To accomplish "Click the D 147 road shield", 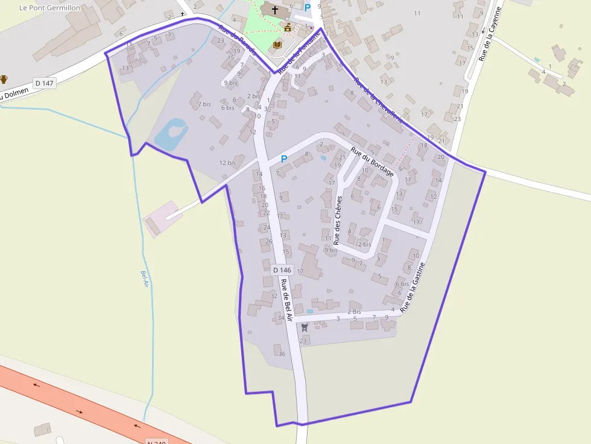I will coord(45,83).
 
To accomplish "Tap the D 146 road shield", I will coord(282,270).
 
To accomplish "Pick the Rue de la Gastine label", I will coord(413,287).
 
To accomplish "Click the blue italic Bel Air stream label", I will coord(145,279).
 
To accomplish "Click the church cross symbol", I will coord(275,10).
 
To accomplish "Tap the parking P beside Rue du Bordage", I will coord(283,159).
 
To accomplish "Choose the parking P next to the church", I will coord(307,8).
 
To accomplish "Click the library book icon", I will coord(277,45).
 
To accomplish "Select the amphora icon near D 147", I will coord(4,79).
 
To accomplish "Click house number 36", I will coord(282,354).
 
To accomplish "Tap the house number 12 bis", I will coord(227,163).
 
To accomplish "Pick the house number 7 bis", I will coord(204,104).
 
